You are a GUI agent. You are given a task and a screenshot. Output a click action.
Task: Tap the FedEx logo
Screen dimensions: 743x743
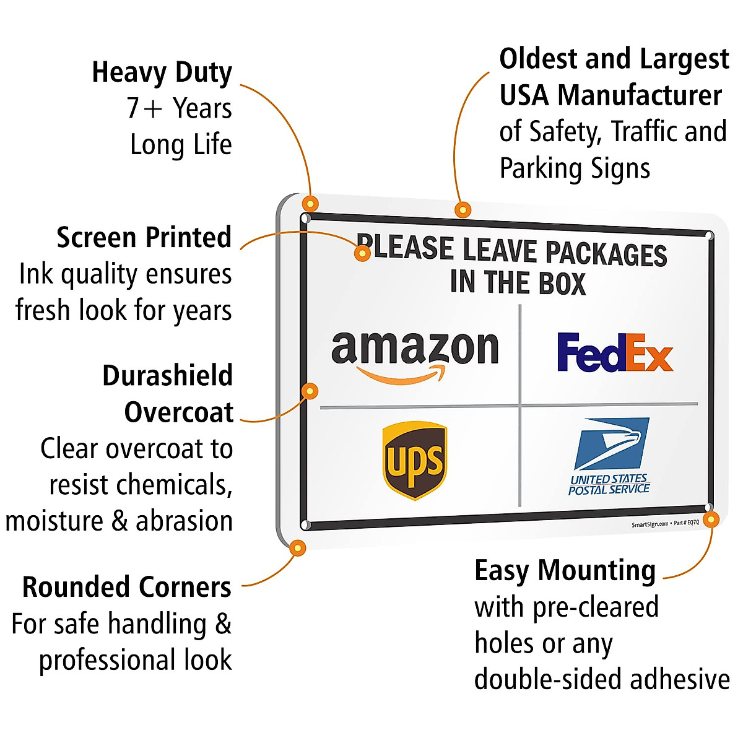[614, 352]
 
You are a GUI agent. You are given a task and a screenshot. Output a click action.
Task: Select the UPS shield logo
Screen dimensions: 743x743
[415, 460]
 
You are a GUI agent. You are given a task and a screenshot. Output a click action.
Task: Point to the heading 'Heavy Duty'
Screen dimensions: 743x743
[162, 72]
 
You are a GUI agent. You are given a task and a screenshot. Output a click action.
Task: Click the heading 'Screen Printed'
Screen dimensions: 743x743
[144, 238]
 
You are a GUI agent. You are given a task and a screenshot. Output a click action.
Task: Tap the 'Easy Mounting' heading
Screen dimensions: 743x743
[565, 571]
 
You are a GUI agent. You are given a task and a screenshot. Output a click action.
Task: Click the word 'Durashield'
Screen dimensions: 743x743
[168, 376]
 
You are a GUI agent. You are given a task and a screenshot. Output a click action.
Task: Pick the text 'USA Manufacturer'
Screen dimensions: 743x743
[610, 96]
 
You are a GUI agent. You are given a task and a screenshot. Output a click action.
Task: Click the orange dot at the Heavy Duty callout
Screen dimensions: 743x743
[310, 203]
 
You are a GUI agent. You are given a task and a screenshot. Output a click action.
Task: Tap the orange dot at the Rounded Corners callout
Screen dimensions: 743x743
[298, 547]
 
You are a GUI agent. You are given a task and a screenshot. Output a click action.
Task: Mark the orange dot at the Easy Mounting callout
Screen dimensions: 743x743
[711, 519]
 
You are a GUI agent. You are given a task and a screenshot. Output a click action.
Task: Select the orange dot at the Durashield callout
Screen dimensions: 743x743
[310, 391]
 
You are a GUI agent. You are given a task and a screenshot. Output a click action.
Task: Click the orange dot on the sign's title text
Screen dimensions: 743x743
[363, 252]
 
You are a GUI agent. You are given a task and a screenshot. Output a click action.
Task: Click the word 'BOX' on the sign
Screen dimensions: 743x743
[562, 284]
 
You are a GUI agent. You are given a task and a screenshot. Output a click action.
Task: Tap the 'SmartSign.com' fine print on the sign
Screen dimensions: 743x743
[650, 524]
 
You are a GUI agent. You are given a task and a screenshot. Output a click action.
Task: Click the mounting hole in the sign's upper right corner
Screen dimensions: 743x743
[709, 236]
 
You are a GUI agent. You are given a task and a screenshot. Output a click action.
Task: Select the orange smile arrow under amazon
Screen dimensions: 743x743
[402, 375]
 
